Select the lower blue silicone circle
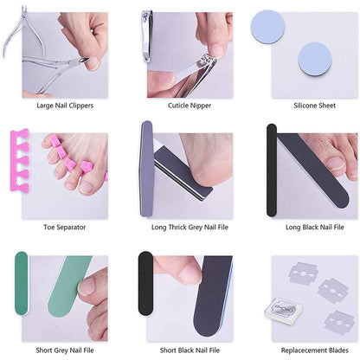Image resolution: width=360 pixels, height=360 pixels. point(314,61)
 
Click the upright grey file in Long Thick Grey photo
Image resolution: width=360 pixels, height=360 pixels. point(146,164)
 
